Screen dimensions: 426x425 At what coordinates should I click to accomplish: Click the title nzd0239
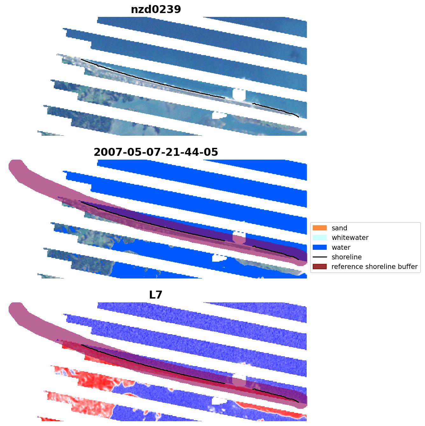pyautogui.click(x=156, y=10)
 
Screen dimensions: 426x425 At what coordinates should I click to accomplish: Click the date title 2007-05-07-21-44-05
pyautogui.click(x=156, y=152)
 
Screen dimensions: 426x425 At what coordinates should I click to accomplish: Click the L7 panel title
pyautogui.click(x=156, y=295)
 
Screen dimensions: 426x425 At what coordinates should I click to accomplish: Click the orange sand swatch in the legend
pyautogui.click(x=320, y=228)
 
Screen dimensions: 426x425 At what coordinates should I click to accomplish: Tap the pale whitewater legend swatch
pyautogui.click(x=320, y=237)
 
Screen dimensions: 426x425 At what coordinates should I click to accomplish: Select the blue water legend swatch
pyautogui.click(x=320, y=247)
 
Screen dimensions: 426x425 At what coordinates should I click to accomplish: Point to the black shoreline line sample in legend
pyautogui.click(x=320, y=257)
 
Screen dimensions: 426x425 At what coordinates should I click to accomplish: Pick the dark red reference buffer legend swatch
pyautogui.click(x=320, y=267)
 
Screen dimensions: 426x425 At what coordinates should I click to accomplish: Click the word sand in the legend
pyautogui.click(x=339, y=228)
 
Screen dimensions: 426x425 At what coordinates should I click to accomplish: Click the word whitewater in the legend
pyautogui.click(x=350, y=238)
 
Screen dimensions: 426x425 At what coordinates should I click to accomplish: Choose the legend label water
pyautogui.click(x=341, y=248)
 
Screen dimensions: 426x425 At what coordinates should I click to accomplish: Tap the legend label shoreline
pyautogui.click(x=347, y=257)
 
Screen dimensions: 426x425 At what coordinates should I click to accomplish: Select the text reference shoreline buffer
pyautogui.click(x=374, y=267)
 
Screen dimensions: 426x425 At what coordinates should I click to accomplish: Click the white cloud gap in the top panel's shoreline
pyautogui.click(x=239, y=94)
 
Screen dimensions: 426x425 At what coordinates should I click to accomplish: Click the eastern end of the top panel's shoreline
pyautogui.click(x=298, y=117)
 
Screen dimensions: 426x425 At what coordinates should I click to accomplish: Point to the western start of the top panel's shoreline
pyautogui.click(x=81, y=59)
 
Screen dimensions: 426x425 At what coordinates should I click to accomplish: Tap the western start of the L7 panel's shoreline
pyautogui.click(x=81, y=345)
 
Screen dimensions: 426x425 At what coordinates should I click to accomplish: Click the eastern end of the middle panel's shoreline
pyautogui.click(x=298, y=260)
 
